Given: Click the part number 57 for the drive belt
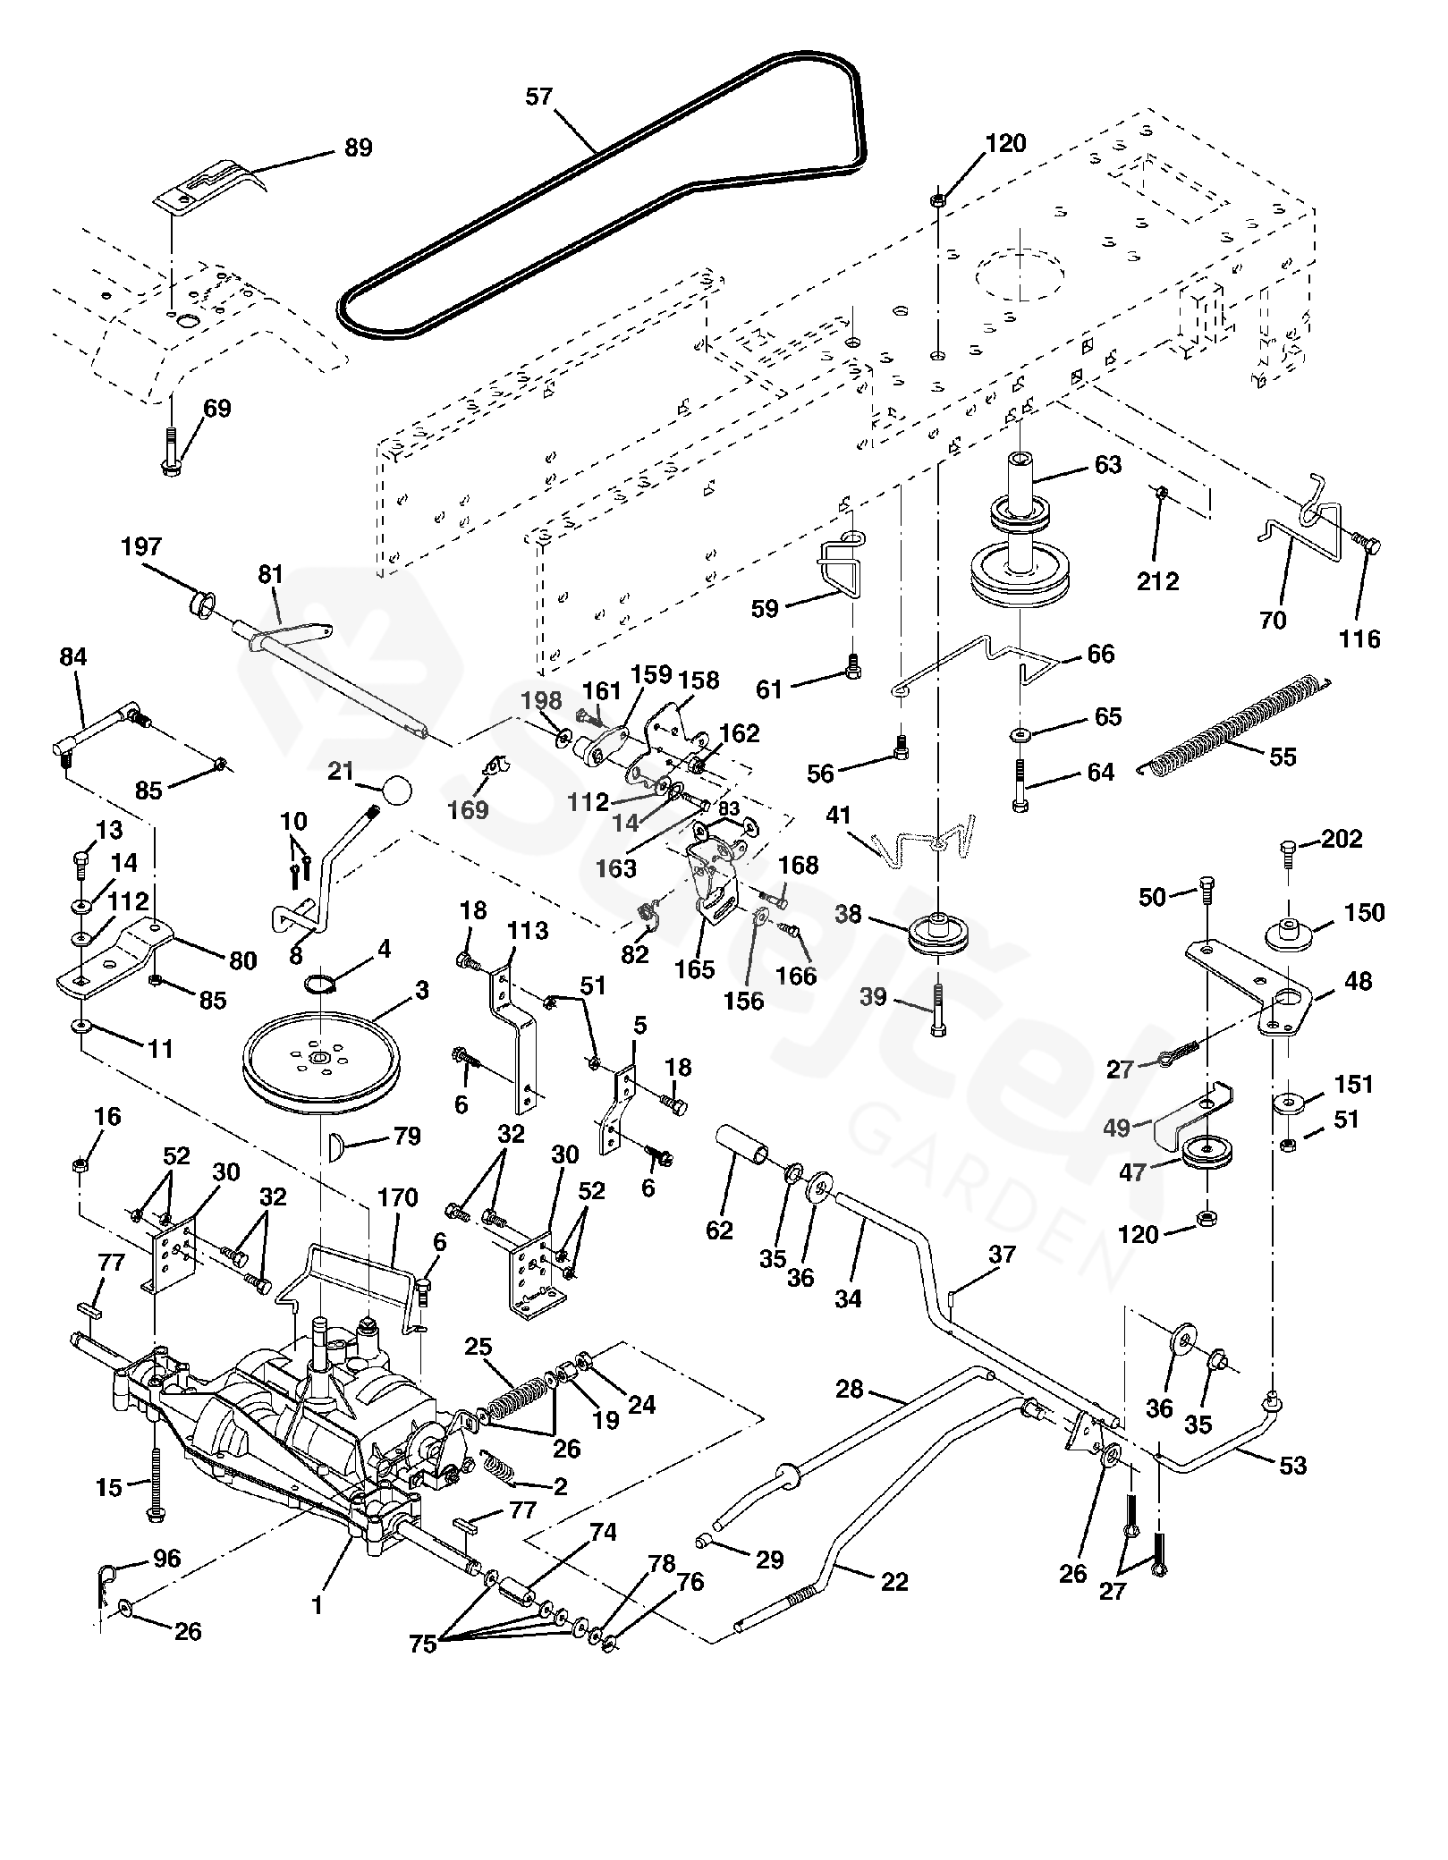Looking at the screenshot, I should (x=539, y=97).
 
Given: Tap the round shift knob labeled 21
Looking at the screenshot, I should (x=396, y=790).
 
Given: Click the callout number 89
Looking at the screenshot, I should (x=358, y=148).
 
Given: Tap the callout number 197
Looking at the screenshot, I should (x=141, y=546).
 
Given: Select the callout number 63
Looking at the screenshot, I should (x=1107, y=465).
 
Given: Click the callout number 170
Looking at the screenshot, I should (x=398, y=1198).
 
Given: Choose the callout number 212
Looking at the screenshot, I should (x=1158, y=581).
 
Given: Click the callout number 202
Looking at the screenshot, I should (x=1342, y=839).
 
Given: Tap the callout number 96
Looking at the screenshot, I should (x=167, y=1559).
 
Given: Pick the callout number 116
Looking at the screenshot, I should (x=1359, y=638).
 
